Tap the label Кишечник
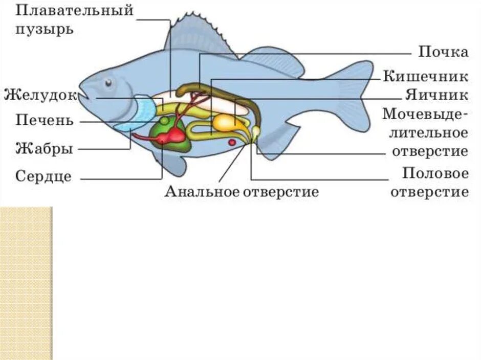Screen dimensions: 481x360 [425, 77]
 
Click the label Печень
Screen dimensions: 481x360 [45, 121]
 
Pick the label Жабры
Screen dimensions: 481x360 [44, 149]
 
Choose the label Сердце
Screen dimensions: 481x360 [43, 177]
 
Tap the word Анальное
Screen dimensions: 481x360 [201, 192]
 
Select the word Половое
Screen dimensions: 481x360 [435, 173]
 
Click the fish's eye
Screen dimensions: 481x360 [108, 82]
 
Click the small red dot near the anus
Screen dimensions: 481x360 [231, 142]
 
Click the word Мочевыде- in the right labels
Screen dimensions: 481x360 [425, 114]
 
